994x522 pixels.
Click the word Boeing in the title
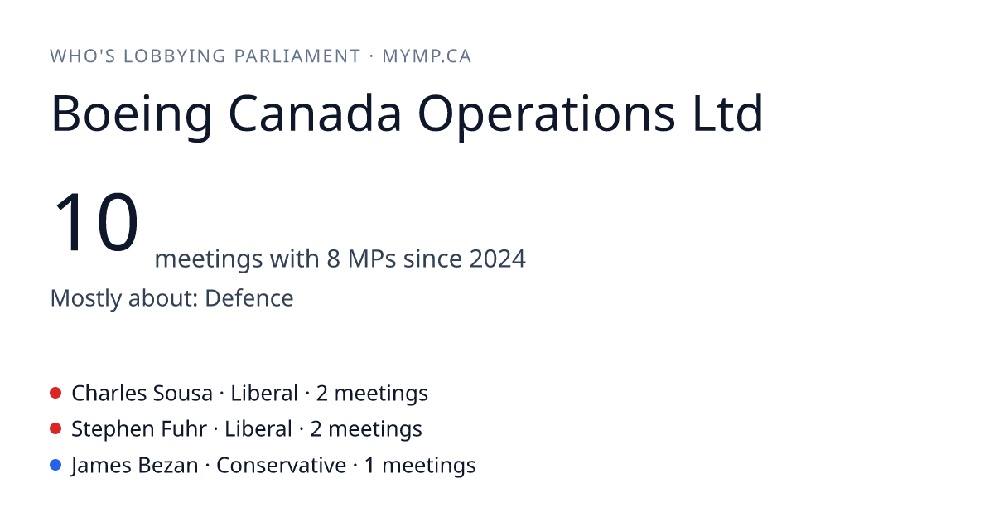coord(132,114)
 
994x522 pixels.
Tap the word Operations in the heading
coord(546,114)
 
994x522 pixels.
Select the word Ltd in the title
coord(727,113)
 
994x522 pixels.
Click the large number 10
coord(95,221)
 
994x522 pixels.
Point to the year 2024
coord(498,259)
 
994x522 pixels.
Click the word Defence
coord(249,297)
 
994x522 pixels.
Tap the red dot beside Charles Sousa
coord(55,393)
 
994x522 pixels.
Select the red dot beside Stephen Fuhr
coord(55,429)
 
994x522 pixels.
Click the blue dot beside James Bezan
coord(55,465)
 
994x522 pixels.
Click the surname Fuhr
coord(184,429)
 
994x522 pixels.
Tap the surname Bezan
coord(167,465)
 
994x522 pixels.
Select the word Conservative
coord(282,465)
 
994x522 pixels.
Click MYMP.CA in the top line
coord(427,56)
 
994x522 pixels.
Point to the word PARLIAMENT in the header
coord(297,56)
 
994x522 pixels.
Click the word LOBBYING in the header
coord(175,56)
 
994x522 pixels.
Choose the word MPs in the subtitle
coord(372,259)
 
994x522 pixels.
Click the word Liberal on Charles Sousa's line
coord(264,394)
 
